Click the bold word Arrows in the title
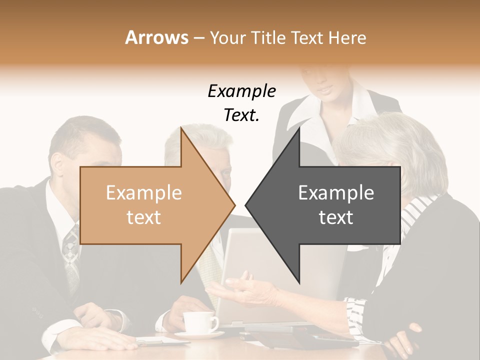pos(156,37)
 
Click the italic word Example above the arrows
pos(241,91)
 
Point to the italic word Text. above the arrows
pos(241,115)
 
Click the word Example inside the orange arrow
pos(143,193)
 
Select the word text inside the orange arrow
pos(143,217)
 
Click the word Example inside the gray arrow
pos(336,193)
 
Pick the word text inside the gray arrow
pos(336,217)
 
